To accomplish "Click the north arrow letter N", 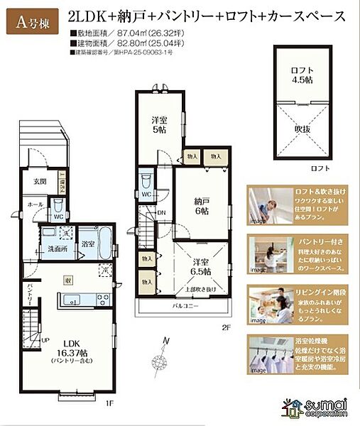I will [x=165, y=341].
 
